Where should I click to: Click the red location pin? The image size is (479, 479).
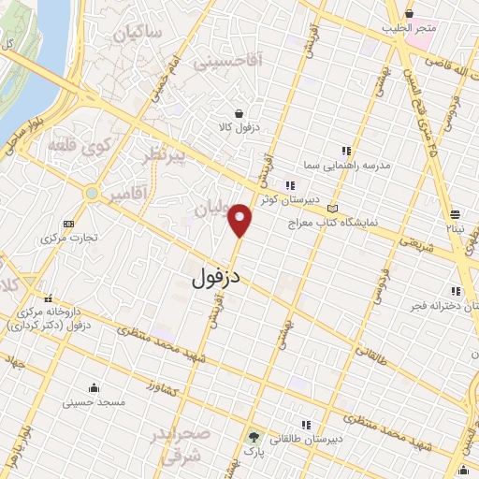pyautogui.click(x=241, y=221)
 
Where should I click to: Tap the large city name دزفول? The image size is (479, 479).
pyautogui.click(x=222, y=277)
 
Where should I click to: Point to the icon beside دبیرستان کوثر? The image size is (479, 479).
pyautogui.click(x=289, y=184)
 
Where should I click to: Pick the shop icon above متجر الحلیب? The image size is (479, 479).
pyautogui.click(x=411, y=13)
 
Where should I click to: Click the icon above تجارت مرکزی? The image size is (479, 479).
pyautogui.click(x=67, y=224)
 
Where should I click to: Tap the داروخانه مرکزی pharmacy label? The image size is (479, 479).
pyautogui.click(x=53, y=317)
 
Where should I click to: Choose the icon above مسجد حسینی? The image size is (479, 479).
pyautogui.click(x=94, y=387)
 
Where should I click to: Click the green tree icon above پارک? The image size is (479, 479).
pyautogui.click(x=254, y=437)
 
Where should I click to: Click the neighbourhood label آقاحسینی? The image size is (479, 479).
pyautogui.click(x=224, y=62)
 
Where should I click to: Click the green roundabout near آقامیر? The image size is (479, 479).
pyautogui.click(x=92, y=194)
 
